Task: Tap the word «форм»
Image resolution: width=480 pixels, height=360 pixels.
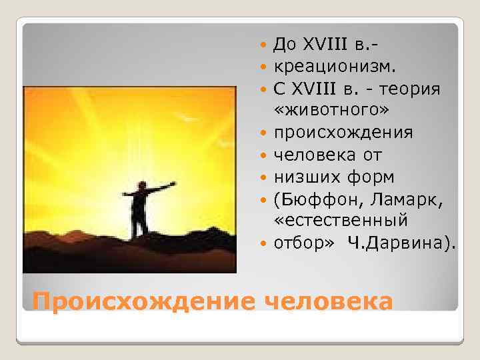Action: pyautogui.click(x=370, y=177)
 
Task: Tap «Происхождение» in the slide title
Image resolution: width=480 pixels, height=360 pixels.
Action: pyautogui.click(x=140, y=302)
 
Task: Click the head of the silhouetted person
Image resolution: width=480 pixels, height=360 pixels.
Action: pyautogui.click(x=141, y=185)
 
